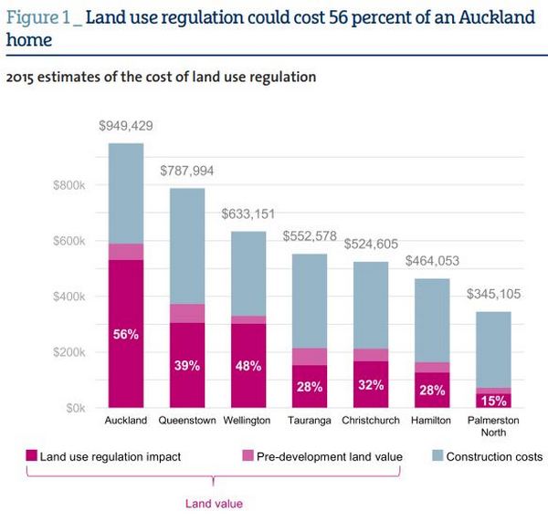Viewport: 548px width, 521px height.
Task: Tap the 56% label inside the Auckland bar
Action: (126, 335)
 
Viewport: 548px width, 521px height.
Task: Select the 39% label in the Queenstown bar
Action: (187, 366)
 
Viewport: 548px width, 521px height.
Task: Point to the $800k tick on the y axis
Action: (68, 185)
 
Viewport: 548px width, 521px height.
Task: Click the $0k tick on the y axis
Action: (74, 407)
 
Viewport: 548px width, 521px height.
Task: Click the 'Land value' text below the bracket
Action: (213, 502)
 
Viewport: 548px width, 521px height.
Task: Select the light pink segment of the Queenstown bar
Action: (187, 313)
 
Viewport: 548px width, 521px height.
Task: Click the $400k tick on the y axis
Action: (68, 297)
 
